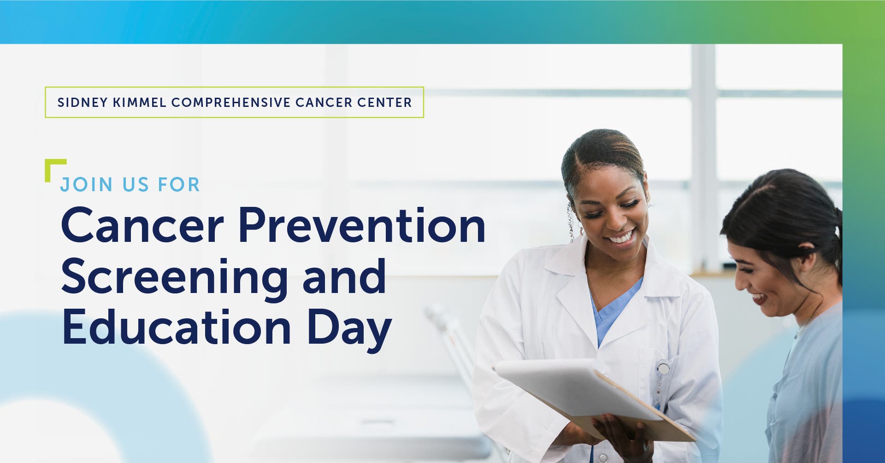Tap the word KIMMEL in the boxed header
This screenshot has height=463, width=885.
[140, 102]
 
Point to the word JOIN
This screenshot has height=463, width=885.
[87, 185]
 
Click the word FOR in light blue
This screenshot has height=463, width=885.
[179, 185]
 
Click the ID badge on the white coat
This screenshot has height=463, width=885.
[663, 369]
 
